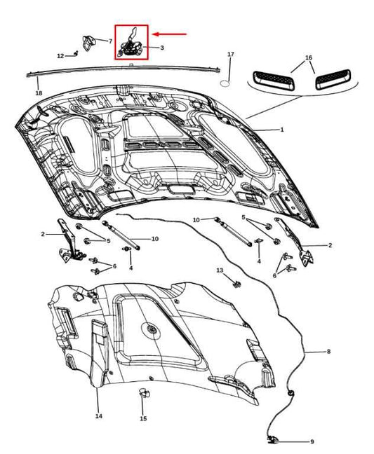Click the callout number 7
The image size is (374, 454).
click(x=110, y=41)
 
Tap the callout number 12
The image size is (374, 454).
click(x=60, y=55)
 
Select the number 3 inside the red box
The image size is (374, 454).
click(x=162, y=48)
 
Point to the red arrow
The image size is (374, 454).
click(x=172, y=33)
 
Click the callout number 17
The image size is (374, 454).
click(x=231, y=54)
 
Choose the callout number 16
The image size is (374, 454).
click(x=309, y=57)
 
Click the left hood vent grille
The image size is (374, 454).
click(x=269, y=78)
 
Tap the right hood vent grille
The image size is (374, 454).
click(x=333, y=81)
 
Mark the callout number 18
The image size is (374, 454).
click(x=39, y=92)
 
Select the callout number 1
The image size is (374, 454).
click(x=282, y=130)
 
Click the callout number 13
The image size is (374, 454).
click(x=220, y=270)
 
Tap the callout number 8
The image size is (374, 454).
click(x=327, y=351)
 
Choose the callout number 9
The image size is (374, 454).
click(x=312, y=441)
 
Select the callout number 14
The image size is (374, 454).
click(x=98, y=416)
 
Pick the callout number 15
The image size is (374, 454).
click(x=143, y=419)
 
